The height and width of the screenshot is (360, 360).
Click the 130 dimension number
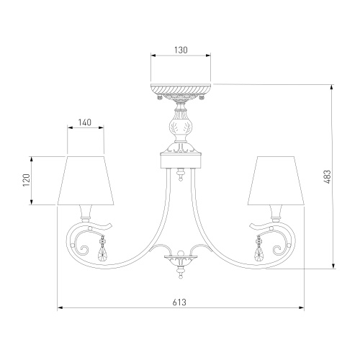[181, 50]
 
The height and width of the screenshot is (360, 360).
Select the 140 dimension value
[85, 122]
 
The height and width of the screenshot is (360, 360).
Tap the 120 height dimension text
[26, 180]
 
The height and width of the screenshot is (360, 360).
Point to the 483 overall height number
[327, 177]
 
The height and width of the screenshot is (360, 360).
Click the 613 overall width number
[179, 302]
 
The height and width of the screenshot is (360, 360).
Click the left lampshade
[86, 181]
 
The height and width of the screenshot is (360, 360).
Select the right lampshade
[276, 181]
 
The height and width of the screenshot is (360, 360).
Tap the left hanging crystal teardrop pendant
[102, 250]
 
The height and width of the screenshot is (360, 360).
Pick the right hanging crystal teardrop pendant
[258, 249]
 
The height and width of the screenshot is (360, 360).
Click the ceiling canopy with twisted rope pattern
[181, 91]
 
